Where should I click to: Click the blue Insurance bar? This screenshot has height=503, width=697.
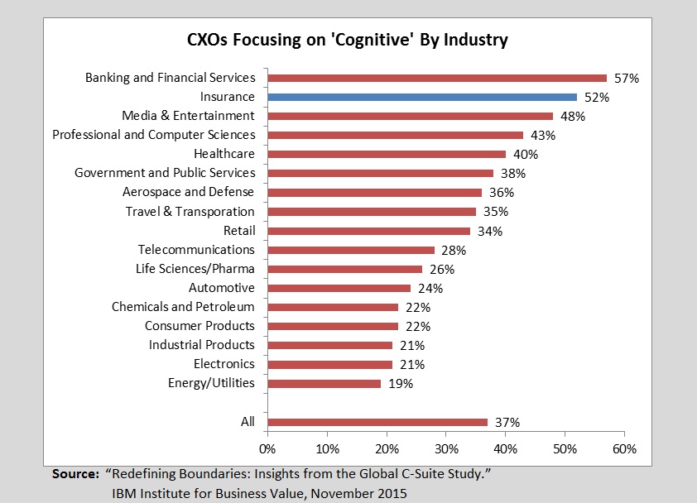pos(422,97)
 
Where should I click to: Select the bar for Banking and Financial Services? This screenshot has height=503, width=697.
pos(437,78)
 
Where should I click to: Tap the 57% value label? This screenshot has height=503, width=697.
pos(627,79)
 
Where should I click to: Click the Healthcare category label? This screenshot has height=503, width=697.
pos(224,154)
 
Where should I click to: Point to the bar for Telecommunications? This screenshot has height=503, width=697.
pos(351,250)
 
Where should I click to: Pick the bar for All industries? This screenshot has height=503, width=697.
pos(377,422)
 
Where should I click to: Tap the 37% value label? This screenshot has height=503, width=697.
pos(507,423)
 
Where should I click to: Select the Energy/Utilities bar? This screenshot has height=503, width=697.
pos(324,384)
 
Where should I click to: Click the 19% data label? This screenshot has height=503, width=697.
pos(400,384)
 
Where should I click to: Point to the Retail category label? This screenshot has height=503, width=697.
pos(239,230)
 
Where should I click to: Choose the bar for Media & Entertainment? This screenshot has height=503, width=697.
pos(410,116)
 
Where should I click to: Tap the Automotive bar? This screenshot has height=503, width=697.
pos(339,288)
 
